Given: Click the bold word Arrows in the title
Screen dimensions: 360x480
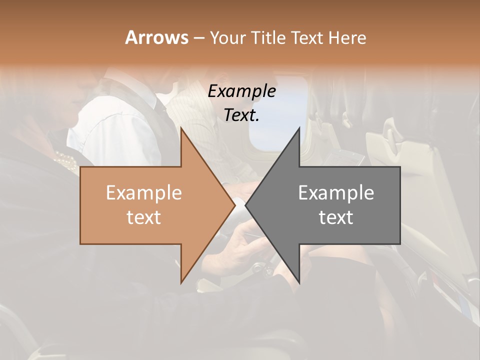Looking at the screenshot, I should click(156, 37).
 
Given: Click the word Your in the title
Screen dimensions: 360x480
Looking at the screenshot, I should click(227, 38).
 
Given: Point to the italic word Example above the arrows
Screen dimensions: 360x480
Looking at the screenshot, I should click(241, 91).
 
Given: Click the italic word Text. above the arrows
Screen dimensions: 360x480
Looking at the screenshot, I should click(241, 115).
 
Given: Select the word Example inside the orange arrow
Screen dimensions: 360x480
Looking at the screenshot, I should click(143, 192).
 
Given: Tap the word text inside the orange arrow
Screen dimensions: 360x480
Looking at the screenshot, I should click(143, 217).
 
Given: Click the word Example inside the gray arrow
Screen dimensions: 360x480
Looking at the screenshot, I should click(336, 192).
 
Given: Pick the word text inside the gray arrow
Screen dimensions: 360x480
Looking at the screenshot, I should click(336, 217).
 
